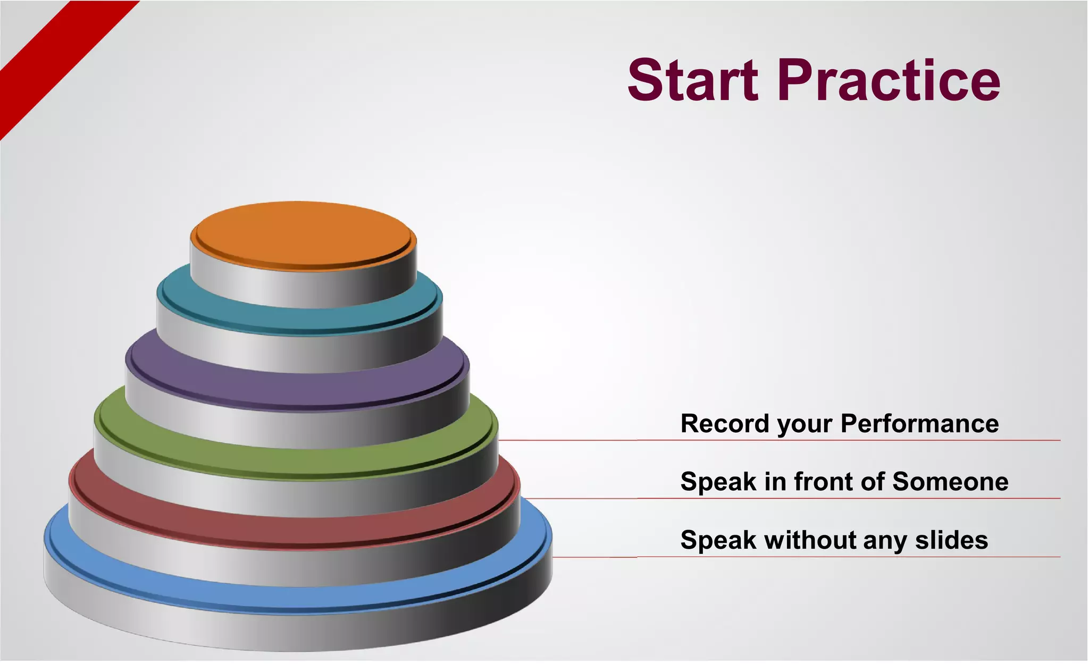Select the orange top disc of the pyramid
pos(303,234)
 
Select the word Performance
pos(919,424)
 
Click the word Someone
pos(950,482)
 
